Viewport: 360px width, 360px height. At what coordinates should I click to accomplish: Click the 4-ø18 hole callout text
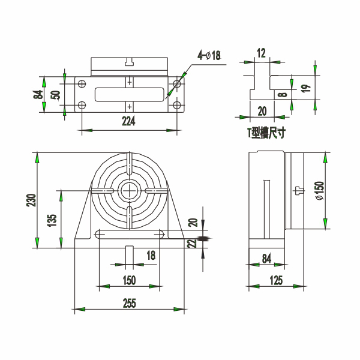coord(209,55)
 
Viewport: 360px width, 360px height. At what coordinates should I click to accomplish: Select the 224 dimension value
coord(128,121)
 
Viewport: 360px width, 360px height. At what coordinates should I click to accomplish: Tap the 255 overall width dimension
coord(130,303)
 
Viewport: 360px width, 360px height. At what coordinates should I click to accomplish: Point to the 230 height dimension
coord(31,200)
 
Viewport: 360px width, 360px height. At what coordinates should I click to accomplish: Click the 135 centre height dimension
coord(52,220)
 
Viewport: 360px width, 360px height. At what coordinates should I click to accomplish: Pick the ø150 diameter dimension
coord(320,191)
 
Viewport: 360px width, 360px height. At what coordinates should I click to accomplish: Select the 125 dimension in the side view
coord(276,280)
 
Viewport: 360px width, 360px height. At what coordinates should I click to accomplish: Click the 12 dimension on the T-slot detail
coord(261,53)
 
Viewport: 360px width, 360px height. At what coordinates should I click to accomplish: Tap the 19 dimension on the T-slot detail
coord(305,88)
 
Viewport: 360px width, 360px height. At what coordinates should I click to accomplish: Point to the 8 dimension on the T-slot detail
coord(284,95)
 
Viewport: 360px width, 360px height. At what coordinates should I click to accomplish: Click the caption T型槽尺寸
coord(266,133)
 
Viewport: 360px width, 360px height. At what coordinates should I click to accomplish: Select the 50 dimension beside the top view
coord(55,95)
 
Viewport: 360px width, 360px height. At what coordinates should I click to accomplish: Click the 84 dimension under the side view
coord(266,258)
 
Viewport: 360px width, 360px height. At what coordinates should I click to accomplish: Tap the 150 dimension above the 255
coord(129,280)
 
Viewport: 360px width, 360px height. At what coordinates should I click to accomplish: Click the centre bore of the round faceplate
coord(130,190)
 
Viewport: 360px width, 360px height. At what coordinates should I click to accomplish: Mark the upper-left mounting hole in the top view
coord(82,83)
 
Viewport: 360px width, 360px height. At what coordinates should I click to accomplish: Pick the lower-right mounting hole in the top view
coord(176,106)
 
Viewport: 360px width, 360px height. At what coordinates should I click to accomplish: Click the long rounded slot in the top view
coord(130,94)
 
